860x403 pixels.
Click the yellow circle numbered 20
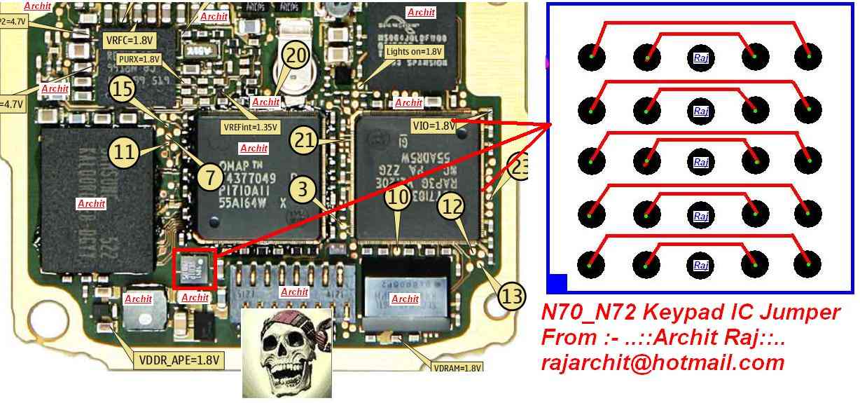297,57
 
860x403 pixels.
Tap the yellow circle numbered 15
123,89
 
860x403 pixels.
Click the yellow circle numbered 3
302,190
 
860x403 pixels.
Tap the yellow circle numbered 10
398,198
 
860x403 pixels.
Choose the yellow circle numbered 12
452,207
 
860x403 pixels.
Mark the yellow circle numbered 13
513,296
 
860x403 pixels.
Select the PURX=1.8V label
139,60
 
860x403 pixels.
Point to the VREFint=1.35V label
251,128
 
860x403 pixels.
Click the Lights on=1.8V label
414,52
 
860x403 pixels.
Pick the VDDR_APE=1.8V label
179,361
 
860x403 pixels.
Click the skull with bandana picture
287,353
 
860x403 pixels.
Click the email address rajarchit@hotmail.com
663,362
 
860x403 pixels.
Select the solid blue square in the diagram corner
556,283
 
